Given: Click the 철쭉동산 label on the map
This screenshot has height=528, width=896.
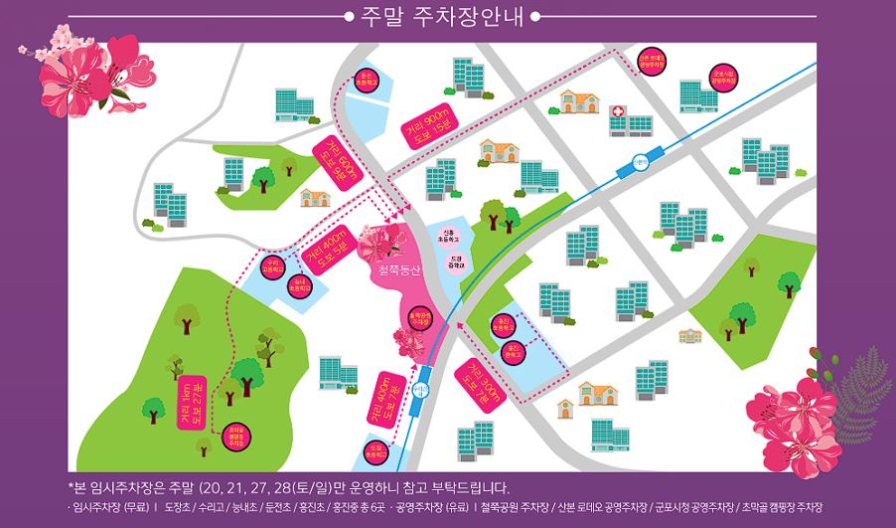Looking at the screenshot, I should coord(393,269).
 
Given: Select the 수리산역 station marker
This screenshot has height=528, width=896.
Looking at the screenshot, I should coord(420,376).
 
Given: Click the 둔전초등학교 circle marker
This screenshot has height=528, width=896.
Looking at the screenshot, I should coord(365,84).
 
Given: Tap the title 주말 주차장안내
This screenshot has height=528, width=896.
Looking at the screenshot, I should coord(447,17).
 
